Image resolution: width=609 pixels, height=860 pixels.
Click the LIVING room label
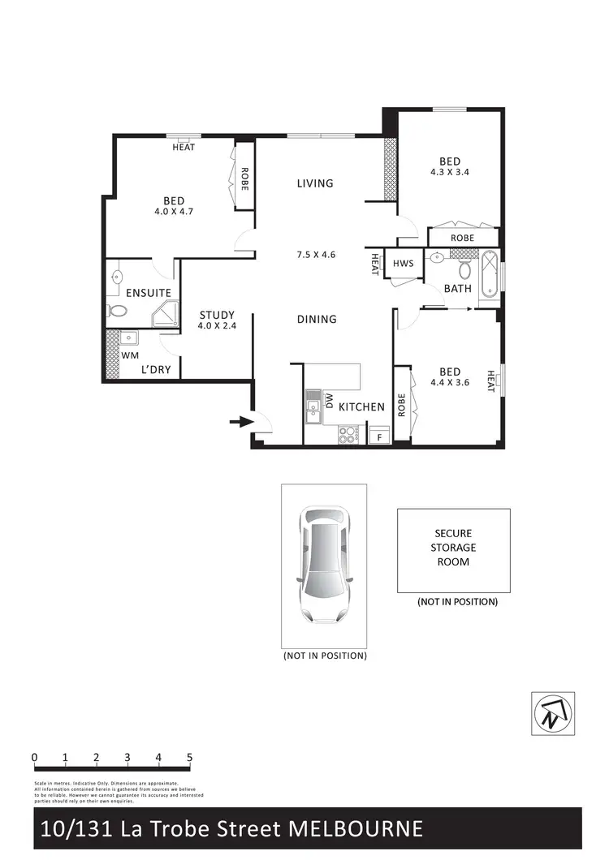coord(315,183)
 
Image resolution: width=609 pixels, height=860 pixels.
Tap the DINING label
coord(317,319)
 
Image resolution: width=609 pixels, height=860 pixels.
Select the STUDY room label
coord(217,315)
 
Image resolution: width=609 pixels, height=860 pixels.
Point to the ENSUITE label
coord(148,293)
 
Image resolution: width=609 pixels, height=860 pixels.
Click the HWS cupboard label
coord(403,264)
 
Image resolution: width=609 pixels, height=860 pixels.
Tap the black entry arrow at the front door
coord(240,421)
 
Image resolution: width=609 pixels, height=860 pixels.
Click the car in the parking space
coord(323,565)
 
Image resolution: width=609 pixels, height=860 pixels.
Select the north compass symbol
coord(553,713)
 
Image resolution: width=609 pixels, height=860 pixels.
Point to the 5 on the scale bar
coord(189,758)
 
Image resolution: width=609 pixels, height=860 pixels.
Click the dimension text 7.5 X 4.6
coord(317,255)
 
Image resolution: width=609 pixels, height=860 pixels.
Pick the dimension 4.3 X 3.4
coord(451,172)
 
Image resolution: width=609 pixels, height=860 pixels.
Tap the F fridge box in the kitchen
coord(379,437)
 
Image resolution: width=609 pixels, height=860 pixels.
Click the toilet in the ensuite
coord(116,311)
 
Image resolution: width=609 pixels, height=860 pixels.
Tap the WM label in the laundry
coord(130,355)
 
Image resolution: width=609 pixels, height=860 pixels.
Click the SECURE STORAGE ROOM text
coord(453,548)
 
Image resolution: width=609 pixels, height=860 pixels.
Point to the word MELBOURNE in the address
coord(358,828)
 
